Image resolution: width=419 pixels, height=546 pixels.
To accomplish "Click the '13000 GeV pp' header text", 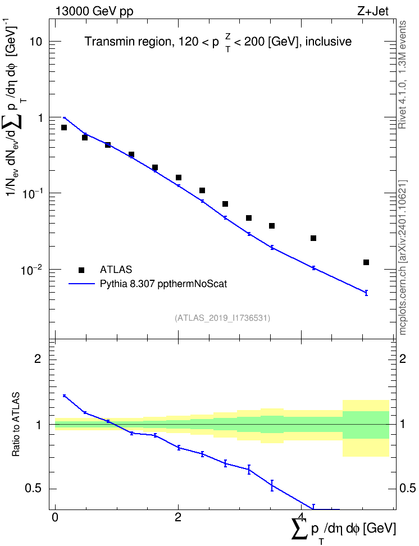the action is click(94, 11).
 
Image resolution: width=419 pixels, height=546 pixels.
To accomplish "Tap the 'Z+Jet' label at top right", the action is click(373, 11).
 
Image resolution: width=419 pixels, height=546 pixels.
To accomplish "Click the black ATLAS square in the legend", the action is click(81, 270).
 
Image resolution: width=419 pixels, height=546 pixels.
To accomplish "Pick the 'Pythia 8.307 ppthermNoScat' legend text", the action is click(163, 284).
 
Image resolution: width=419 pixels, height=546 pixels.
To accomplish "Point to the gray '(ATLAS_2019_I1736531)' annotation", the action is click(222, 317).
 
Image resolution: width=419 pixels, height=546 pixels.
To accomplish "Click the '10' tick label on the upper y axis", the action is click(36, 42).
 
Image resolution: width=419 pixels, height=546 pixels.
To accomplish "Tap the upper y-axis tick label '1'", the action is click(40, 118).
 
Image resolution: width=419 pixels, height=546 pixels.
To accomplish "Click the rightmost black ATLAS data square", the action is click(366, 262).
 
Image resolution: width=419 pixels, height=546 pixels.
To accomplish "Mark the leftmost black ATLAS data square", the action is click(63, 128).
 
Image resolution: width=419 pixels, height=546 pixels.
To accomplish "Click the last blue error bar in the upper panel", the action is click(366, 293).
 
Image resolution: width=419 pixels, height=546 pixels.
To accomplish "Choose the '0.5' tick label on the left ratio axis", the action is click(33, 489).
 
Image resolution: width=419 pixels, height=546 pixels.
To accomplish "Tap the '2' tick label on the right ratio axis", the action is click(403, 358).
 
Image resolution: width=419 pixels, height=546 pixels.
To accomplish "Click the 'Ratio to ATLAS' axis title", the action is click(16, 424).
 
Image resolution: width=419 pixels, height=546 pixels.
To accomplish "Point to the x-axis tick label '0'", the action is click(55, 517).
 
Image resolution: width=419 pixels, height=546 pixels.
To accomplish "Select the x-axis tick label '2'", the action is click(178, 517).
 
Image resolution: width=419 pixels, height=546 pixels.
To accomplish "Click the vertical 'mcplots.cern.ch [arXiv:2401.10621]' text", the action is click(403, 257).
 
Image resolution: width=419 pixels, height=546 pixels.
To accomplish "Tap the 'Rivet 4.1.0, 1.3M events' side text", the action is click(402, 75).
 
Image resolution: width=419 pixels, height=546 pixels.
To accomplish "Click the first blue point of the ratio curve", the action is click(64, 395).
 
